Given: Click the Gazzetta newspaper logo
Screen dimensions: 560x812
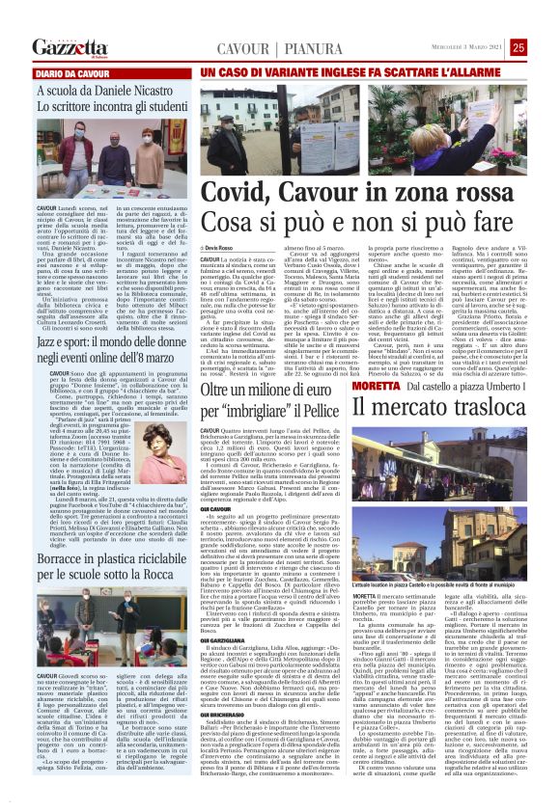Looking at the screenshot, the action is [x=68, y=47].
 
